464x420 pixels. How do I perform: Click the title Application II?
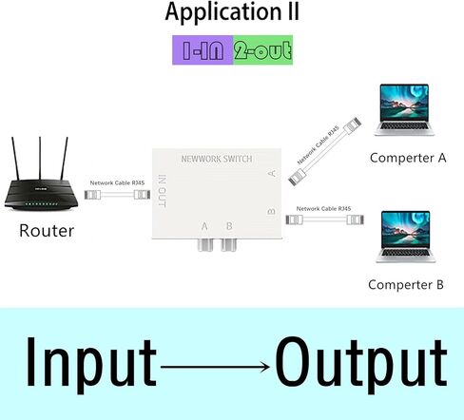(x=232, y=13)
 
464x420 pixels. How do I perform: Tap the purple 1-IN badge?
(x=202, y=49)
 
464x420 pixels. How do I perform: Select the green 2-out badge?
(x=261, y=49)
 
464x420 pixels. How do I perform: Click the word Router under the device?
(x=47, y=230)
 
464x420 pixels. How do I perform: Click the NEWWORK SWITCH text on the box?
(x=216, y=160)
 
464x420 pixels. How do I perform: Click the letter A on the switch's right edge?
(x=272, y=173)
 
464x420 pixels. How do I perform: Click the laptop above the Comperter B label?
(x=409, y=236)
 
